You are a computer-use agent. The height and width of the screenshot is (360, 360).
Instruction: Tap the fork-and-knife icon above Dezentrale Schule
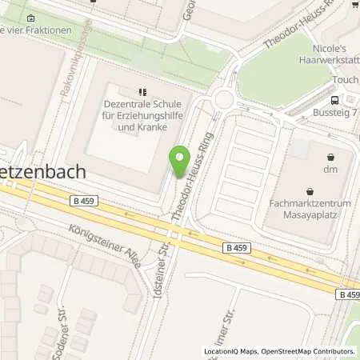[x=142, y=93]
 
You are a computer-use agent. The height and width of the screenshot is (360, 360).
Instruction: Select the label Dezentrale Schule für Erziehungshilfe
[x=142, y=114]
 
